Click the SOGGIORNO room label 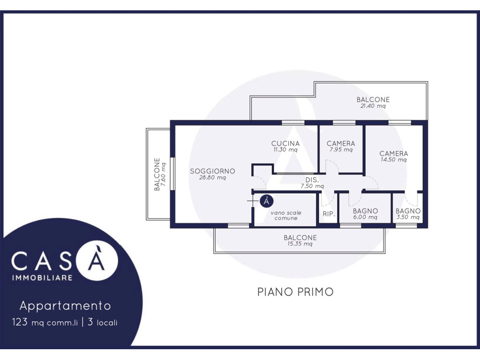212,171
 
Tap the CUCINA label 285,143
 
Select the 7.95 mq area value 341,150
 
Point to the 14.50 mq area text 394,159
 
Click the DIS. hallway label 312,180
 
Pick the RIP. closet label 329,214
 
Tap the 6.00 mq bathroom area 365,217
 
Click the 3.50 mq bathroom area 408,217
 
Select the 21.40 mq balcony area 373,106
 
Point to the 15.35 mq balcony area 300,244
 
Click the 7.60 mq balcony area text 164,174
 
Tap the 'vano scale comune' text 286,215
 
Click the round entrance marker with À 266,201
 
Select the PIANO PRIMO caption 295,292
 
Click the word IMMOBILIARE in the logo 42,278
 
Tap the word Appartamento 65,306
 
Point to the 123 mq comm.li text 45,322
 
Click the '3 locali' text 102,322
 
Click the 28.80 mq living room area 212,178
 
